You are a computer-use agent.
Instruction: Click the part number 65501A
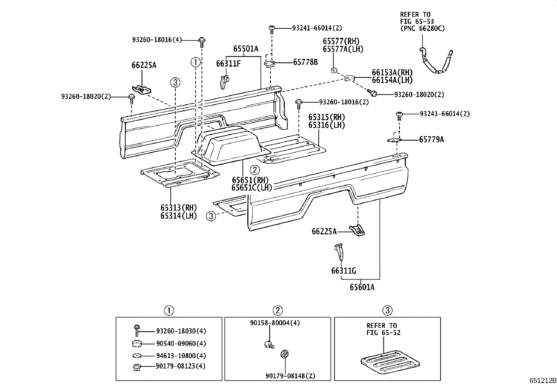246,49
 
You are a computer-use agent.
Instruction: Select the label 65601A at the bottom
362,287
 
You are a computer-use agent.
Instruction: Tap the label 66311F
228,63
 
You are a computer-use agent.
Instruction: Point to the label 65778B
305,62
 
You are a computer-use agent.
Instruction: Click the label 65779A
431,139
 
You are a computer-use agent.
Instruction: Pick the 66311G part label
344,271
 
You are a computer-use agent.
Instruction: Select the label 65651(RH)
250,180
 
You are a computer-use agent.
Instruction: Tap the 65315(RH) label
326,117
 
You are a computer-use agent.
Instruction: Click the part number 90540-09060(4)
181,344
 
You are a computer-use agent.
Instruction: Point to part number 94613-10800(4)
181,356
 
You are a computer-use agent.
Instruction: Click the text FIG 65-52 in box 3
383,332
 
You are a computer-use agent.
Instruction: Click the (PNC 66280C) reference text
422,28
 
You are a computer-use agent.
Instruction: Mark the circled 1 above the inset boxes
169,310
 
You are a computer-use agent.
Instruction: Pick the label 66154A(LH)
392,80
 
